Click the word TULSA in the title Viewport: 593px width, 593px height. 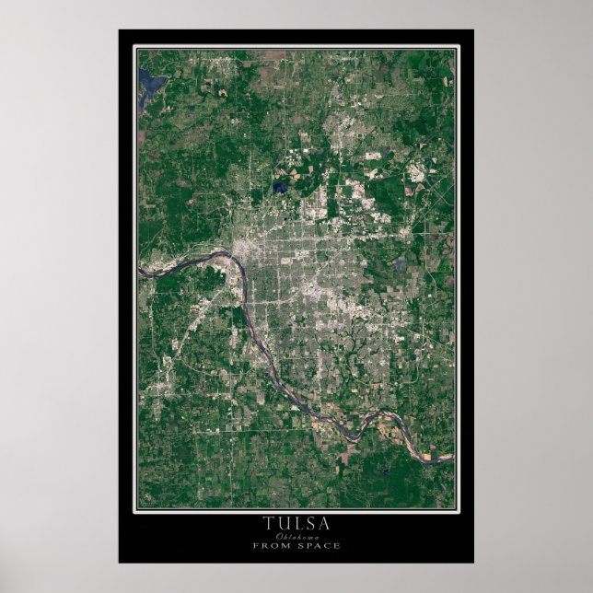[296, 523]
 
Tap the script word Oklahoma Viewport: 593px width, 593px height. [296, 536]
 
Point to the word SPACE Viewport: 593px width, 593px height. [319, 545]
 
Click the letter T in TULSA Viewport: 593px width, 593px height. [268, 523]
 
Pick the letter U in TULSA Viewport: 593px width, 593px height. [282, 523]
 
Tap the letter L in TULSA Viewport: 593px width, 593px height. [296, 523]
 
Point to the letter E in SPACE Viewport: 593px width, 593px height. [338, 545]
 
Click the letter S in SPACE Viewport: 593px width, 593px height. [299, 545]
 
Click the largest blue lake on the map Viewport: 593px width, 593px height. [151, 86]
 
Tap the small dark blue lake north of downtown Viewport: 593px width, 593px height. [279, 189]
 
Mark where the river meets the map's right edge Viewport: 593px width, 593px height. [452, 456]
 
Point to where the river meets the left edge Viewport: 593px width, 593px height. [140, 273]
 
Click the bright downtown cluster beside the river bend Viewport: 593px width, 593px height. [247, 250]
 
